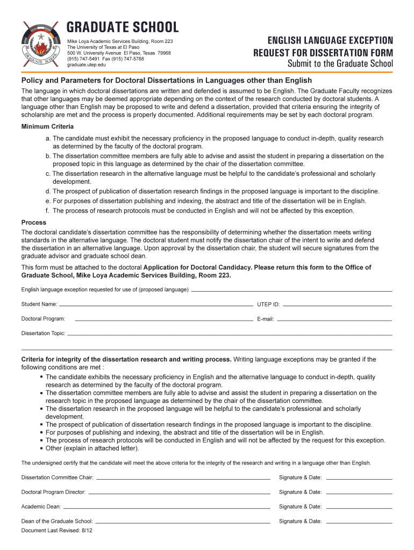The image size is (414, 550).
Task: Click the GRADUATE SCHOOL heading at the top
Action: click(x=123, y=27)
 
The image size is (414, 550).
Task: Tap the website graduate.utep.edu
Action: click(x=87, y=65)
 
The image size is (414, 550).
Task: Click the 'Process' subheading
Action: click(x=34, y=222)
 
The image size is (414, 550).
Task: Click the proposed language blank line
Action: click(x=291, y=290)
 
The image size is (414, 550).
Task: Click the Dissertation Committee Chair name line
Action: click(x=183, y=477)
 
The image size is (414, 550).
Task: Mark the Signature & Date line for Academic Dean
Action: click(x=359, y=506)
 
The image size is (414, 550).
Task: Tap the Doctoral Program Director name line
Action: click(x=179, y=492)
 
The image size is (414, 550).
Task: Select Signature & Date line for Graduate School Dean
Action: click(x=359, y=521)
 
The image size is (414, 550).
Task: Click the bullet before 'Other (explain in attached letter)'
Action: click(x=41, y=448)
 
